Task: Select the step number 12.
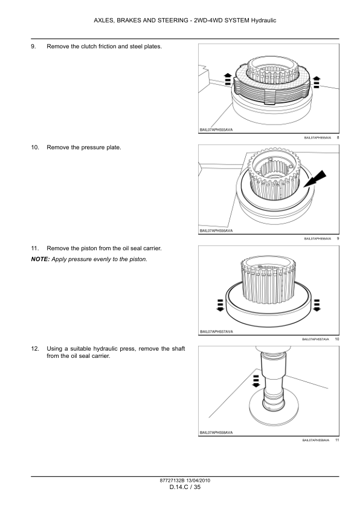[x=34, y=348]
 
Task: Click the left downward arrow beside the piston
[x=220, y=303]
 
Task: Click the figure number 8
[x=337, y=138]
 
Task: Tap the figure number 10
[x=336, y=340]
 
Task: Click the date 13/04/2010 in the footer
[x=194, y=480]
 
